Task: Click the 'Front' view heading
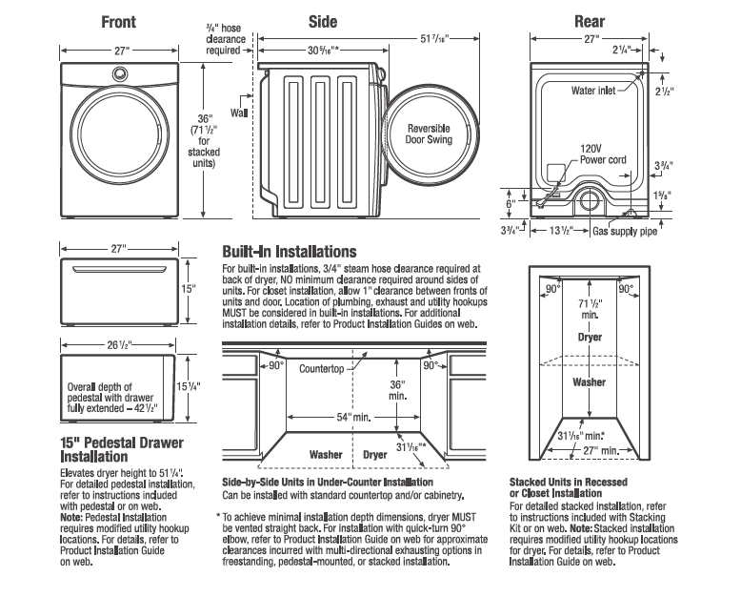click(x=118, y=21)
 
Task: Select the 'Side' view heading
click(x=323, y=21)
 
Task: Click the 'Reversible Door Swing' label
click(x=429, y=134)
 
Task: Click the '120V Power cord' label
click(x=603, y=154)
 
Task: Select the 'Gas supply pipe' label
click(x=626, y=232)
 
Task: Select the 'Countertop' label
click(x=320, y=367)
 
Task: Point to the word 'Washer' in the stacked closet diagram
click(x=589, y=381)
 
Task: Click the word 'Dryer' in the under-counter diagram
click(x=375, y=455)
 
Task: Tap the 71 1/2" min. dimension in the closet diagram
click(x=589, y=307)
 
